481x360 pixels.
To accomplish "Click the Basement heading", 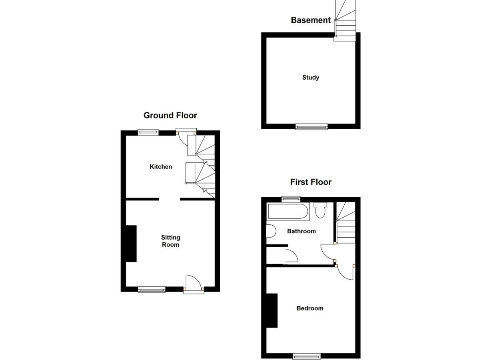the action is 310,20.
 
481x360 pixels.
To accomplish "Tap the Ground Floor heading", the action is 170,115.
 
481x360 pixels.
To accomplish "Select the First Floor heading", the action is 311,182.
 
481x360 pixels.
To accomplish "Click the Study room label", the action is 311,78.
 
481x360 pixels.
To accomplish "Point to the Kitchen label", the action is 161,167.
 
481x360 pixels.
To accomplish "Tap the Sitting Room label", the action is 170,241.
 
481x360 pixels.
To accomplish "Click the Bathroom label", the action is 301,231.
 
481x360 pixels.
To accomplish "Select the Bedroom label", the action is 310,308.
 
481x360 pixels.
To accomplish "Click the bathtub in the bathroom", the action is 288,211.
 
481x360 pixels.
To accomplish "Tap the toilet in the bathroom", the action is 320,210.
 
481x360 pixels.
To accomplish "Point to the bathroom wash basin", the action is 271,231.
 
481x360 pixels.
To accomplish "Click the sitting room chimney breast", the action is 131,244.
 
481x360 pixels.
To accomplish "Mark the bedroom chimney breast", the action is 272,311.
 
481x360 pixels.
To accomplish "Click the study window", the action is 311,126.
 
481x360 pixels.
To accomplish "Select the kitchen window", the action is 148,132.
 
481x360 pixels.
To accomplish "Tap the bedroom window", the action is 307,356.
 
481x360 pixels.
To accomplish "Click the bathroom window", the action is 291,199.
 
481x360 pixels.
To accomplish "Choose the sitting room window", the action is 152,290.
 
